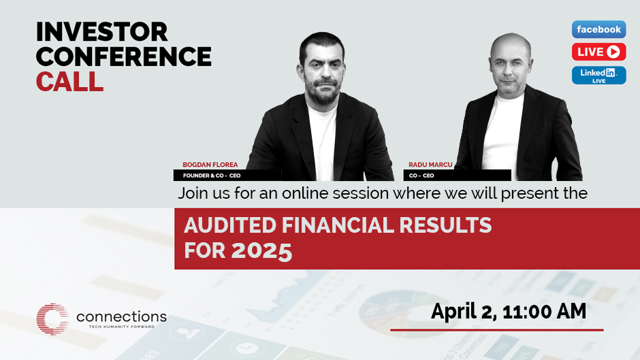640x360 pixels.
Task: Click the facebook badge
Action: tap(598, 29)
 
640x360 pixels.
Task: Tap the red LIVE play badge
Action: tap(598, 52)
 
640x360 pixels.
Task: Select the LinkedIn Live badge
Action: tap(598, 75)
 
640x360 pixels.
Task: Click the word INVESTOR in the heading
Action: tap(101, 32)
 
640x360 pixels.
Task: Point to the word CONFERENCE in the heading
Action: tap(124, 56)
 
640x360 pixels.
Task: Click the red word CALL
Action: tap(69, 81)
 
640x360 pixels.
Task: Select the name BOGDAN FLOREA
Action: tap(210, 165)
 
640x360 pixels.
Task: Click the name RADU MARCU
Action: tap(430, 165)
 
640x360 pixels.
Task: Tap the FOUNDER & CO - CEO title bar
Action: tap(227, 176)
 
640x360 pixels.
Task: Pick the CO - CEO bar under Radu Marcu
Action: tap(457, 176)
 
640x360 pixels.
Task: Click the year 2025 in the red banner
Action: tap(261, 250)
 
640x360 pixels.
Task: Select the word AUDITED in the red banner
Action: tap(230, 225)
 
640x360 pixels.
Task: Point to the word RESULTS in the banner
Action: tap(445, 225)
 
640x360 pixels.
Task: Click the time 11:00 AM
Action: tap(545, 312)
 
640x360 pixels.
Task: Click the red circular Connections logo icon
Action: tap(52, 318)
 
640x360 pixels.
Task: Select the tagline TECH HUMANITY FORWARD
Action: tap(122, 327)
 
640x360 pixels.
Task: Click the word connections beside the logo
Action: tap(121, 316)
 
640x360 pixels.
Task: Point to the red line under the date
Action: tap(497, 330)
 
